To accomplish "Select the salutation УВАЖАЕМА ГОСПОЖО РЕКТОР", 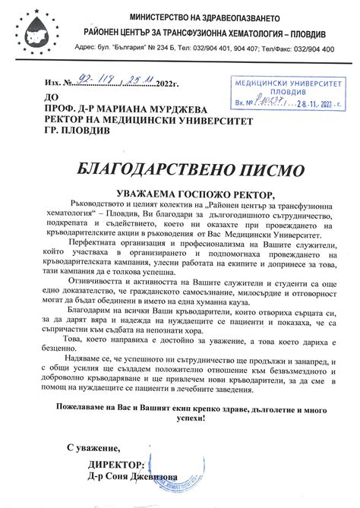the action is click(x=180, y=194).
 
